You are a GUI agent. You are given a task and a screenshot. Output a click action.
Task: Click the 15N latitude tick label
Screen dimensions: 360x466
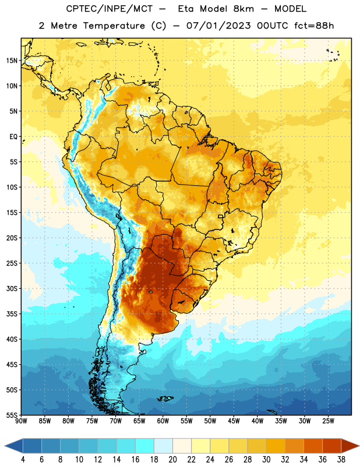pos(12,61)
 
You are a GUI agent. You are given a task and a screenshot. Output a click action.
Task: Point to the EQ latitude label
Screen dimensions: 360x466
pos(13,137)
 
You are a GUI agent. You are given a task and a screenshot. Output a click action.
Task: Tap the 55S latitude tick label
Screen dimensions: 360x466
pos(12,415)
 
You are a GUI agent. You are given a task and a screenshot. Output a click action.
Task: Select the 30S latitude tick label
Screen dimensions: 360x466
pos(12,288)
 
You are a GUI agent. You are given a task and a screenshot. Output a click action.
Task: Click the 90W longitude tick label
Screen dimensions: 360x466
pos(21,421)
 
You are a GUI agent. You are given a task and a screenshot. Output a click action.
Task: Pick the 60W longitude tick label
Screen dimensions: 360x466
pos(163,421)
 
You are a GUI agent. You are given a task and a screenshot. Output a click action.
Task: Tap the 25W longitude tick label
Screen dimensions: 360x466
pos(328,421)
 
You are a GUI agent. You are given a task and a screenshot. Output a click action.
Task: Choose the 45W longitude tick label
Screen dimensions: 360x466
pos(234,421)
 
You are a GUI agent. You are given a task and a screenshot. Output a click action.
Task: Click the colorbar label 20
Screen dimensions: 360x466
pos(172,460)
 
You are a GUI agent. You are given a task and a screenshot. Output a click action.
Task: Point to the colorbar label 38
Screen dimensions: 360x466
pos(341,460)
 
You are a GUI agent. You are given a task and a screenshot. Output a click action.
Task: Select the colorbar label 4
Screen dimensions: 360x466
pos(23,460)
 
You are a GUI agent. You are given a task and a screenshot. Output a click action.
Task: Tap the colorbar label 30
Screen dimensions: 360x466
pos(266,460)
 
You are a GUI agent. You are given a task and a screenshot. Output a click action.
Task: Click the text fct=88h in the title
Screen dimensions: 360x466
pos(314,26)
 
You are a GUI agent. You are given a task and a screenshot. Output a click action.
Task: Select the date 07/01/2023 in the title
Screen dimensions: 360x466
pos(218,26)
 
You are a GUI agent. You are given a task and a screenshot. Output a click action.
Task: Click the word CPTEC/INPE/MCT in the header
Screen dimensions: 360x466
pos(109,9)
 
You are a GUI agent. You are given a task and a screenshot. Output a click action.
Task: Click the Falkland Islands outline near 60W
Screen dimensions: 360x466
pos(165,398)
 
